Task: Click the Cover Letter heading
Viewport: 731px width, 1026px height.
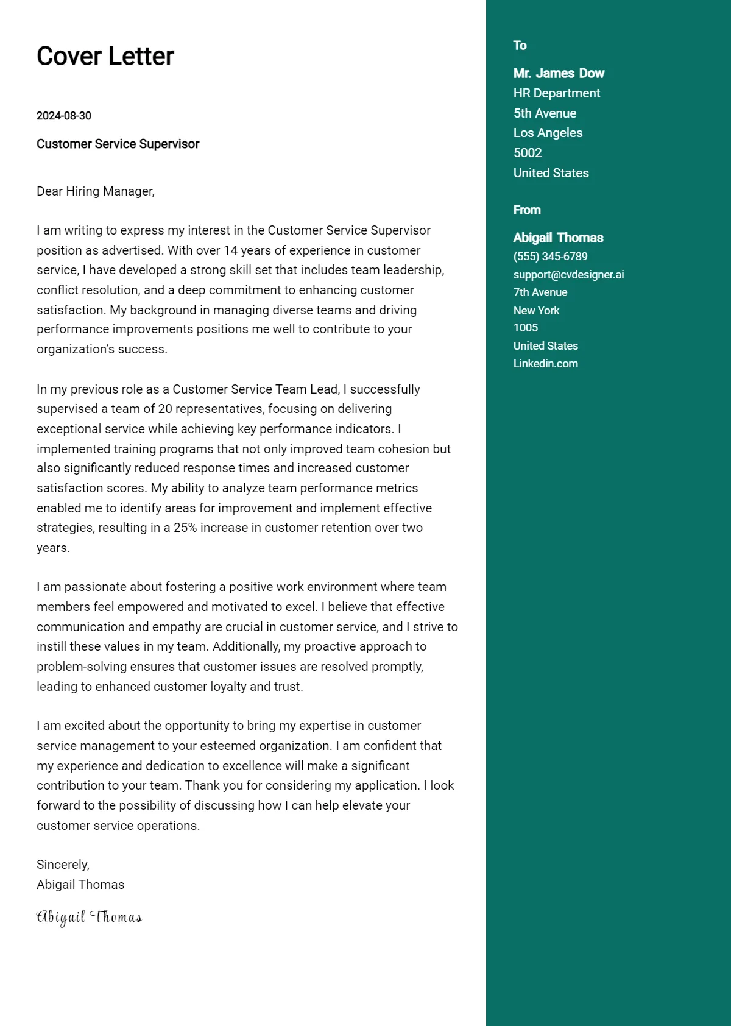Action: [x=105, y=56]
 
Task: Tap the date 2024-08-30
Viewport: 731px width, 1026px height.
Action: [x=64, y=116]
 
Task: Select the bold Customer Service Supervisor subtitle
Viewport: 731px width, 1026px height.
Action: [x=118, y=144]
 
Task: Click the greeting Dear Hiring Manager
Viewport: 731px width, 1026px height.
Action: [x=95, y=191]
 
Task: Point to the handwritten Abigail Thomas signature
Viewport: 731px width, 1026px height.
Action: [x=89, y=917]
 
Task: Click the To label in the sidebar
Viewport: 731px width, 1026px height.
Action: [x=520, y=46]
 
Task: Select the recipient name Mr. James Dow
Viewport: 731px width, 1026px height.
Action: [x=559, y=73]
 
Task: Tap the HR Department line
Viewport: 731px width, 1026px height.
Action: [x=556, y=93]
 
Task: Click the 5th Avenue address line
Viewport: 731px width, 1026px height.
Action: [x=545, y=113]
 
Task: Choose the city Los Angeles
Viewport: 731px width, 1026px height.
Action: [x=548, y=133]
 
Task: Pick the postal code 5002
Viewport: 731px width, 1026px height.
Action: [x=528, y=153]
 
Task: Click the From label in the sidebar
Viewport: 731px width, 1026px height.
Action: [x=527, y=210]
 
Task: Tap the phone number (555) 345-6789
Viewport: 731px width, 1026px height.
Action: [x=550, y=256]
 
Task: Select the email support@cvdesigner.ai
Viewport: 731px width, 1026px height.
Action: [x=568, y=275]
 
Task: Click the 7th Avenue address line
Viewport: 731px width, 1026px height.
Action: [x=540, y=292]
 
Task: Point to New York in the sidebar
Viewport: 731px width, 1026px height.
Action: [x=536, y=310]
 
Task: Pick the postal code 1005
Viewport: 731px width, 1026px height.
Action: [x=526, y=328]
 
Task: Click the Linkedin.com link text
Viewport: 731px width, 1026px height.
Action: [x=545, y=364]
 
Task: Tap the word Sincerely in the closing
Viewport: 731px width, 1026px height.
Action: [x=63, y=865]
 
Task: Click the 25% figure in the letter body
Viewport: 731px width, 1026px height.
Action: [x=185, y=528]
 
